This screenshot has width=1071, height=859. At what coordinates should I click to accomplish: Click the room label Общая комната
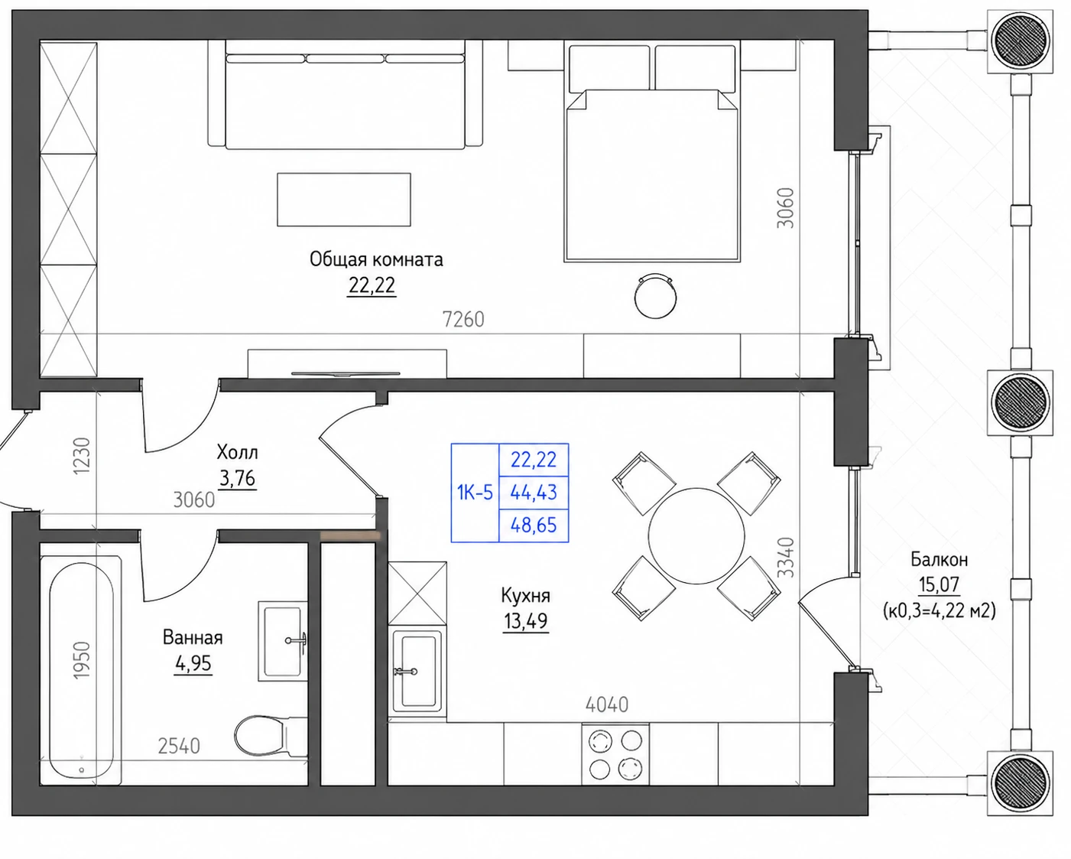(376, 259)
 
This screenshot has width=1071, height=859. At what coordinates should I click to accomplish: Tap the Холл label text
(238, 452)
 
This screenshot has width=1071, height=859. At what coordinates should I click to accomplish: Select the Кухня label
(525, 596)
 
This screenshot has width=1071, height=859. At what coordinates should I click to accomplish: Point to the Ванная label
(193, 637)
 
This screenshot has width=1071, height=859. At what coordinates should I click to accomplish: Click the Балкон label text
(940, 560)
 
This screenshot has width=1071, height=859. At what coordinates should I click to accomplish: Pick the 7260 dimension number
(463, 319)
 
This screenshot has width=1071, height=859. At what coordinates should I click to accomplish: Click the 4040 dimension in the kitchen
(607, 704)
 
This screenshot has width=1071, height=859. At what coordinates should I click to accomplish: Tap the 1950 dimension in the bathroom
(82, 660)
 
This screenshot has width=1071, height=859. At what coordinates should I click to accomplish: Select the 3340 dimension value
(786, 557)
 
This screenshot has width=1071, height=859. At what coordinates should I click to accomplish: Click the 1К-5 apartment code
(475, 493)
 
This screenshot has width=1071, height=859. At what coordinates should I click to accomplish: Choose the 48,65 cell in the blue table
(534, 525)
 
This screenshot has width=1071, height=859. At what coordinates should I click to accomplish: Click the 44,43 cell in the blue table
(534, 493)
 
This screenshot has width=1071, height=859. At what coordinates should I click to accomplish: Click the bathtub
(81, 670)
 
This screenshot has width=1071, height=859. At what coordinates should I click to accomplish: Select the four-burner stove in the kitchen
(615, 755)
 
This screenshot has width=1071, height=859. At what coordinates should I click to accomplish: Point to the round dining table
(696, 535)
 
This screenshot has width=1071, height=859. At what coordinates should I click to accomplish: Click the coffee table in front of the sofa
(344, 200)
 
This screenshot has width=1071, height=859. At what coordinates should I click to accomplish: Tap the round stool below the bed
(655, 297)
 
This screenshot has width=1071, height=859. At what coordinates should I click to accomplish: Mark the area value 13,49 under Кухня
(525, 621)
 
